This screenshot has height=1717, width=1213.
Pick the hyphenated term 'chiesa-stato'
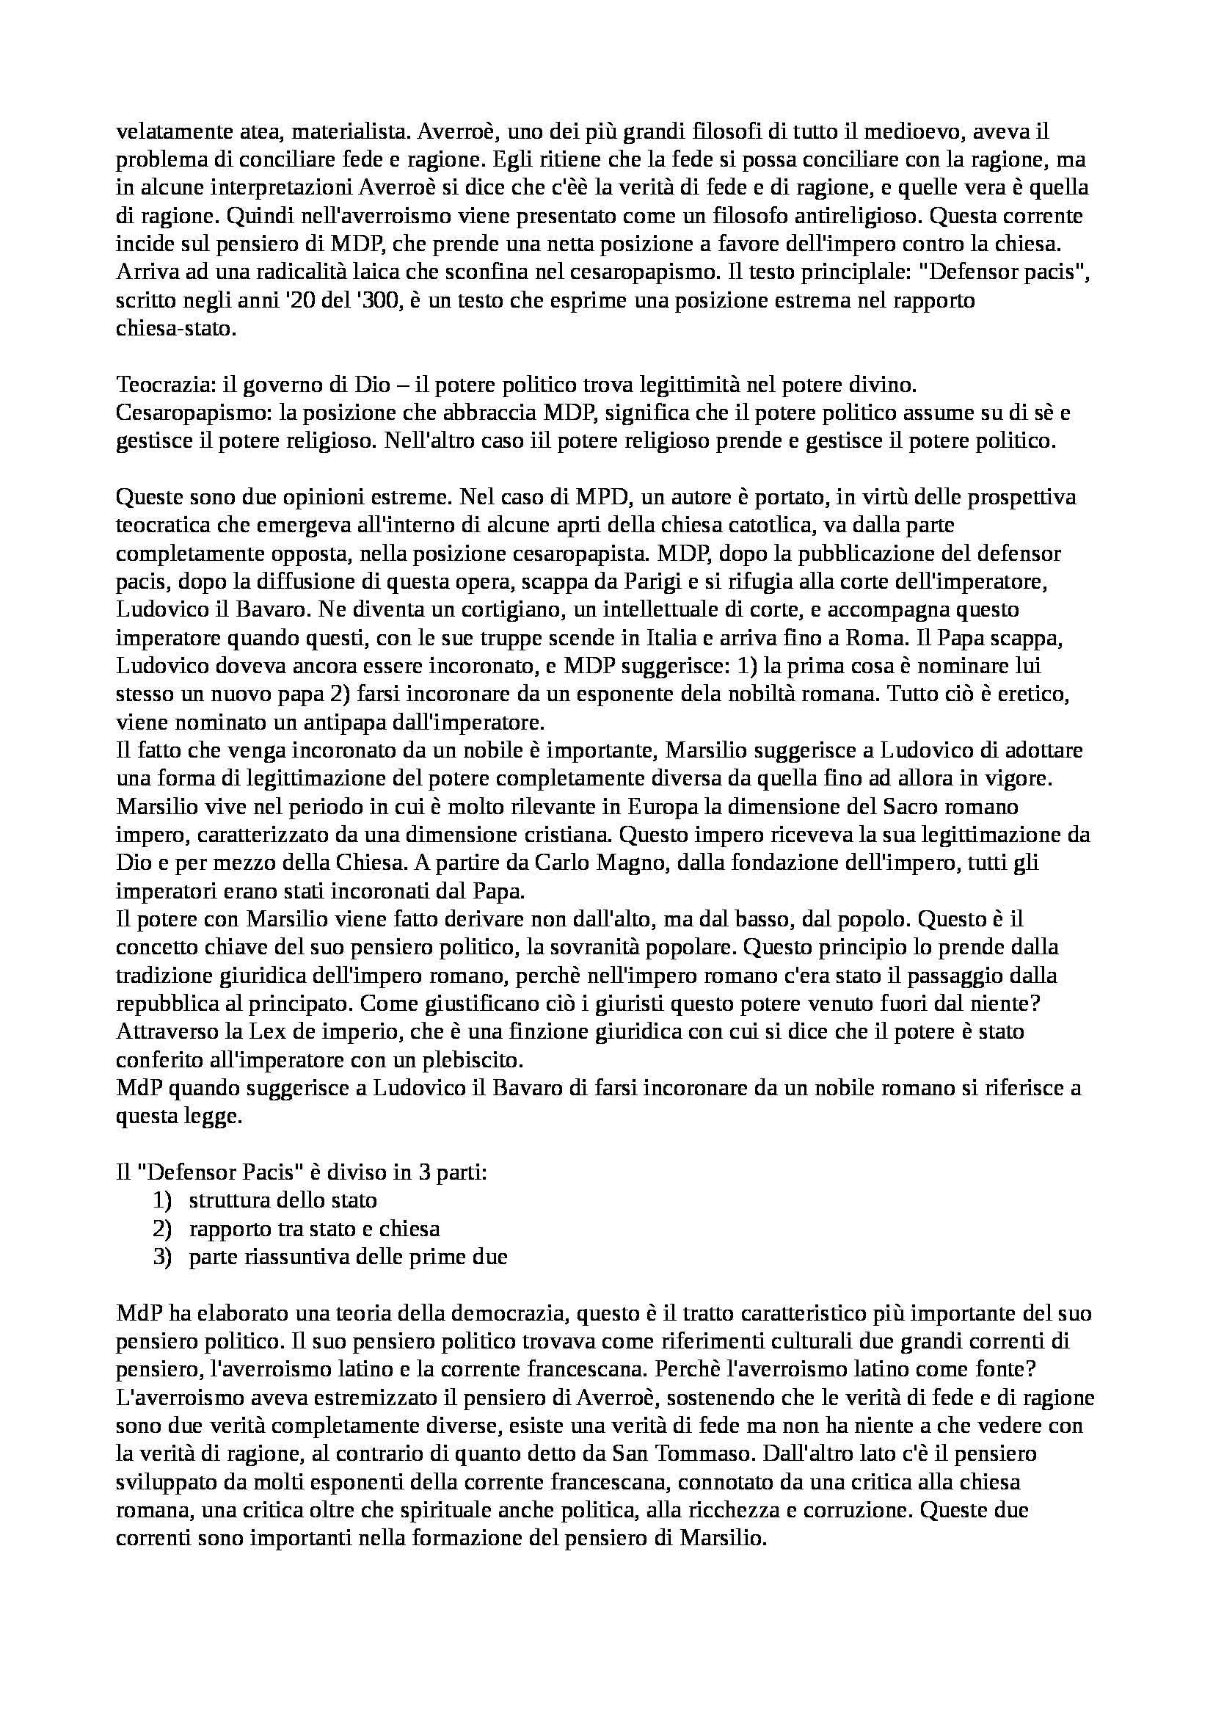tap(176, 328)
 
